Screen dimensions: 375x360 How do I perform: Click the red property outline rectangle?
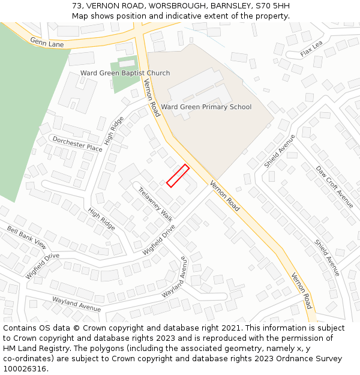tap(178, 176)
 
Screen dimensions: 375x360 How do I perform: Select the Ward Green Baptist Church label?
tap(125, 73)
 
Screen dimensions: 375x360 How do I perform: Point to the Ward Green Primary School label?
tap(206, 107)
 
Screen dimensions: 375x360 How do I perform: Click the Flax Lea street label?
tap(311, 49)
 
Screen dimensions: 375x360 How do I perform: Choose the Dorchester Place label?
tap(77, 143)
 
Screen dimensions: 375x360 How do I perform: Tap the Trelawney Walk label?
tap(155, 205)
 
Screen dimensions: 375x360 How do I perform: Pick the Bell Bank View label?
tap(26, 237)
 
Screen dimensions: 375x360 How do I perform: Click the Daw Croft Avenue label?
tap(335, 187)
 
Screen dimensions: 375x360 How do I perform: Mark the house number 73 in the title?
tap(77, 6)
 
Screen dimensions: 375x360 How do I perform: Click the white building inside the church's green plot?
tap(127, 62)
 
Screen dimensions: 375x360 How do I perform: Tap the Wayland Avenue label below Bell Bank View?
tap(76, 303)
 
